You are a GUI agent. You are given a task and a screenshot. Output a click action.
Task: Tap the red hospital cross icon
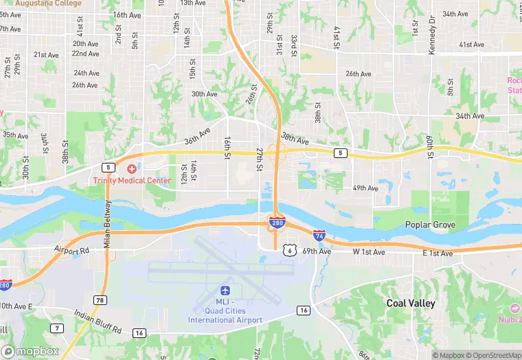[131, 168]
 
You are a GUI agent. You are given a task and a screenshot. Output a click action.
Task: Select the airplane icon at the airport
[225, 291]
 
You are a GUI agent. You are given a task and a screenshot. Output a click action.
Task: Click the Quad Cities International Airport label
[225, 311]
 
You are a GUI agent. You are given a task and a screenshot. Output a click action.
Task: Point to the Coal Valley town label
[411, 303]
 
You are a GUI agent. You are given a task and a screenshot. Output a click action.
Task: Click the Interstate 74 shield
[319, 236]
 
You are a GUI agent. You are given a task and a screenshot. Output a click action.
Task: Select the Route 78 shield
[101, 300]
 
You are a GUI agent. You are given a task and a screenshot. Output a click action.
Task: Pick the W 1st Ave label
[369, 253]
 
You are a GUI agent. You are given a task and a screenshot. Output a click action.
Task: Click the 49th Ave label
[365, 188]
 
